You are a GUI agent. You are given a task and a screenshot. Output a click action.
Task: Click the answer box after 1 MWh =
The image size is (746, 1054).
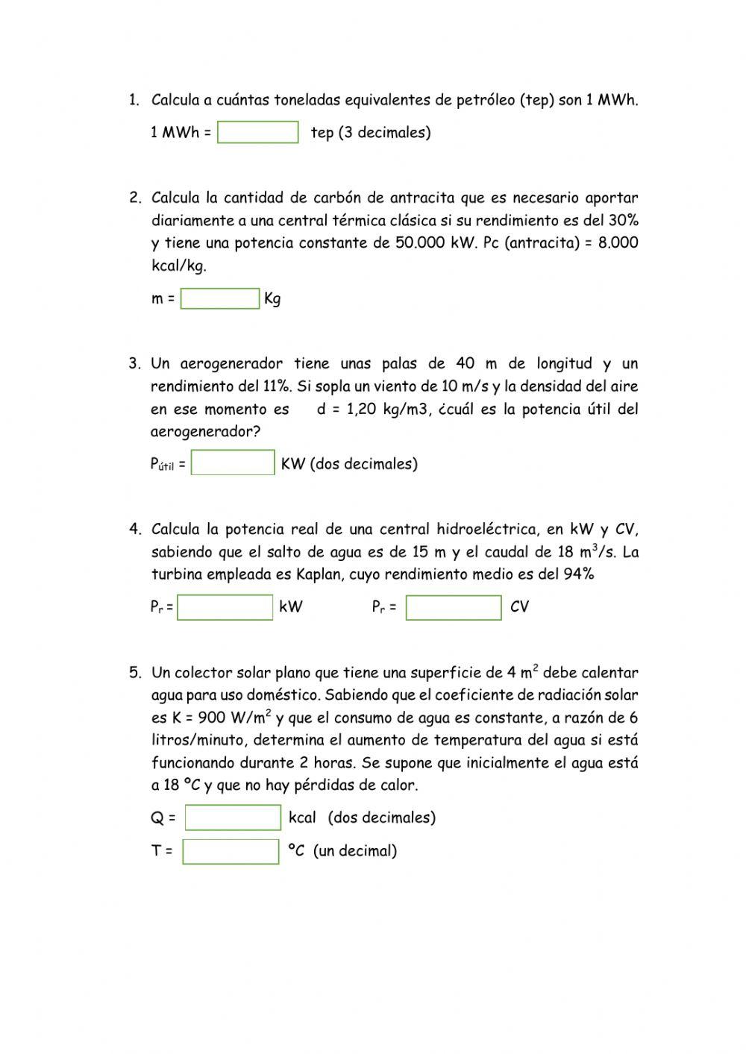[257, 132]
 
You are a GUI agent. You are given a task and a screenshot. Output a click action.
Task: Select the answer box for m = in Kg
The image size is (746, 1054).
[219, 298]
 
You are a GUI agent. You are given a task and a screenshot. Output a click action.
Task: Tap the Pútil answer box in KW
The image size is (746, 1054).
[233, 462]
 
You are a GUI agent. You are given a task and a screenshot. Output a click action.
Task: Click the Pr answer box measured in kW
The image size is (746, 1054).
[225, 606]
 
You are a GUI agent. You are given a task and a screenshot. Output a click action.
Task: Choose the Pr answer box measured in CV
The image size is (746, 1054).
[454, 606]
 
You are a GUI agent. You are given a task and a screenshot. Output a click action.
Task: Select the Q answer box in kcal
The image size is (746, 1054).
[233, 817]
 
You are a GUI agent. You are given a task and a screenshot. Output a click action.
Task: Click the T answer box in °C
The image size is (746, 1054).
[231, 850]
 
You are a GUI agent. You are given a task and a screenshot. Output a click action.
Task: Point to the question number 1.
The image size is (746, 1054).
[134, 100]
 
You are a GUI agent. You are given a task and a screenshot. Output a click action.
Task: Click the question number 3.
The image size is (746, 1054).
[134, 364]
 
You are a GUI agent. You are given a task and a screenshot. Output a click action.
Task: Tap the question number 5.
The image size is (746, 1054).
[134, 673]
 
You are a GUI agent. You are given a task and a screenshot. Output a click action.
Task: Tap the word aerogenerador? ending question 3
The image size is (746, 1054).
[205, 431]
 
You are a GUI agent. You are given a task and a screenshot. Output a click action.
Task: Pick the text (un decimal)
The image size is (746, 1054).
[355, 851]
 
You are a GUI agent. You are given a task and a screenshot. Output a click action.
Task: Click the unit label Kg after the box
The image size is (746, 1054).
[272, 299]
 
